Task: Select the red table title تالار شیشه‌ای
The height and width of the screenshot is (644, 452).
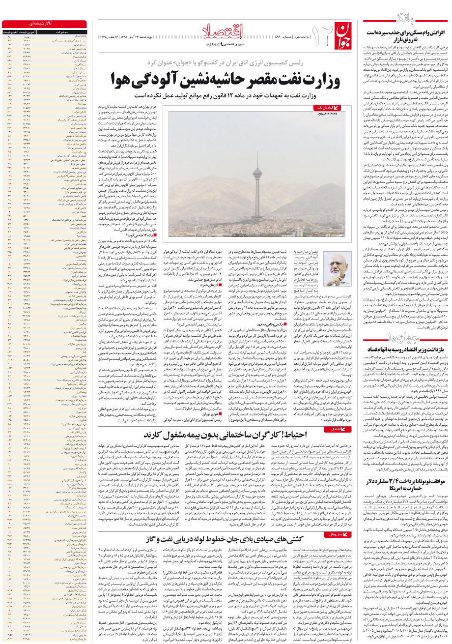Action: tap(45, 23)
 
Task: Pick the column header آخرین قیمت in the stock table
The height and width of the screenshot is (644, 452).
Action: tap(27, 31)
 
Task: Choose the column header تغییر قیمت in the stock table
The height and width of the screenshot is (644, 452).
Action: tap(9, 31)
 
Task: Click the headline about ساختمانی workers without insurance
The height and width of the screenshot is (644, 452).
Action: tap(226, 435)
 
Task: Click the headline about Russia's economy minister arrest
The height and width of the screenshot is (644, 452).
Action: tap(404, 350)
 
